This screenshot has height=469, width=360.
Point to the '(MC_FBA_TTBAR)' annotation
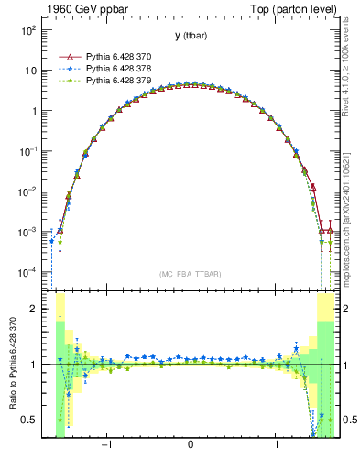tap(190, 274)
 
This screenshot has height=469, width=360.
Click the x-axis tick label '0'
tap(190, 446)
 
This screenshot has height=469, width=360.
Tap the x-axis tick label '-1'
tap(106, 446)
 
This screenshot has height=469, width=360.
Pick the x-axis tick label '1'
tap(277, 446)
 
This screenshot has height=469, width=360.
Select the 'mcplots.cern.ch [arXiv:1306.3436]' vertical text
tap(350, 211)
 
